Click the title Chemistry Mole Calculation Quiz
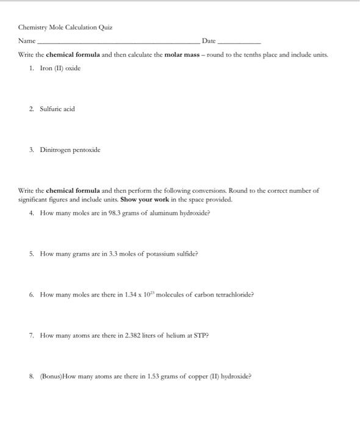(x=65, y=27)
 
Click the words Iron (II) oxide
(x=60, y=68)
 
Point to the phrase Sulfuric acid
(x=57, y=109)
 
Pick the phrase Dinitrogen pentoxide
(x=70, y=149)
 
